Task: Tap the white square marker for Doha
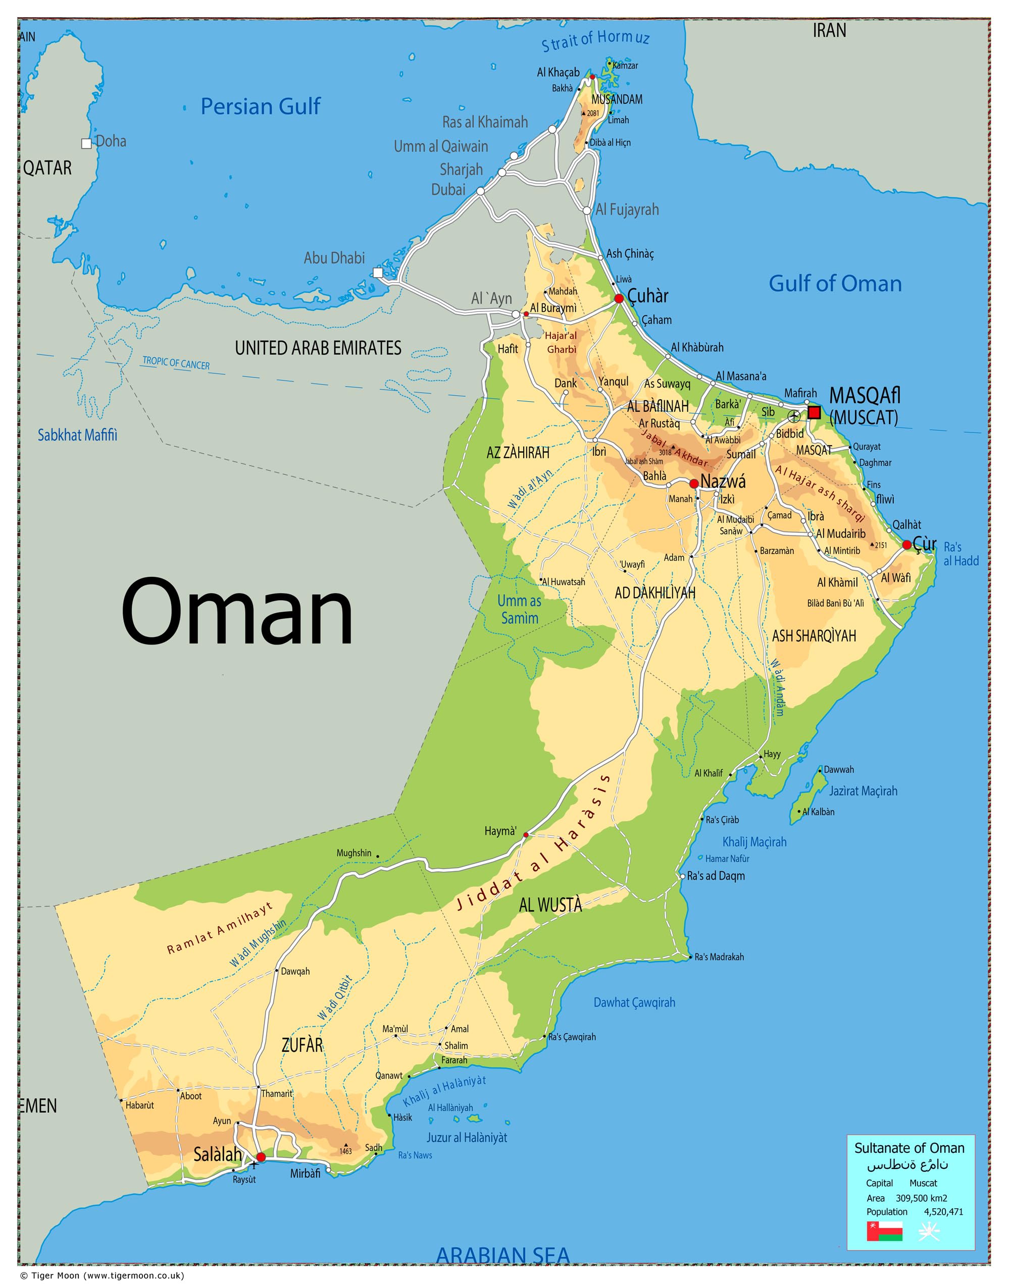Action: coord(86,143)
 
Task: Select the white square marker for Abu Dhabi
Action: coord(378,273)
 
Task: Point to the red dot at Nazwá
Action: coord(694,484)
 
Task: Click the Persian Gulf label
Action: coord(260,106)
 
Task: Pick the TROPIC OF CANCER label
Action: coord(176,363)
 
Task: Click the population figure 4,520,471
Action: coord(944,1211)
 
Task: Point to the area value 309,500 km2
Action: coord(921,1198)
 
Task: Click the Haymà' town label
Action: coord(500,831)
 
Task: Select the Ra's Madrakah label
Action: coord(719,957)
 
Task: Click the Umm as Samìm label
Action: coord(519,609)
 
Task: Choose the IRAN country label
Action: coord(829,30)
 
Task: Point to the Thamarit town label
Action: coord(277,1094)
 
